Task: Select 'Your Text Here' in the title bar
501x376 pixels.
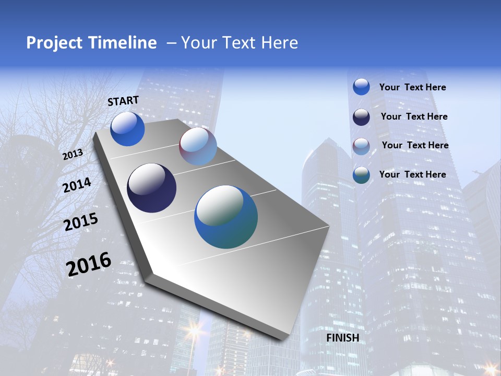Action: click(x=240, y=43)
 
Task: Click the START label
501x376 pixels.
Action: click(x=123, y=101)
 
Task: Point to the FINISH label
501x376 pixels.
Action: click(x=343, y=338)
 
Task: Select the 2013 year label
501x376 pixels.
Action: click(x=73, y=155)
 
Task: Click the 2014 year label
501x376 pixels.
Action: click(x=77, y=185)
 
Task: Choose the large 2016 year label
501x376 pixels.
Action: click(x=89, y=264)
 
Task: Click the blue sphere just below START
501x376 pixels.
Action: click(x=127, y=129)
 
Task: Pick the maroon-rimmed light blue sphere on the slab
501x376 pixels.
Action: click(x=198, y=146)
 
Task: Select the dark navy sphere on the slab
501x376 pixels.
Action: click(x=152, y=188)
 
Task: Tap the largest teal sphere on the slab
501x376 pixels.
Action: click(x=226, y=217)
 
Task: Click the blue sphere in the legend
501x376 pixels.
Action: click(x=361, y=87)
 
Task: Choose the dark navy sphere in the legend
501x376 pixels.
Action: click(x=361, y=117)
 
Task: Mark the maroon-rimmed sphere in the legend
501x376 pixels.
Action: click(x=361, y=146)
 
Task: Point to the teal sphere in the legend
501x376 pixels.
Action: click(x=361, y=175)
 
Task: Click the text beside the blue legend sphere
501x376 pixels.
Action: click(x=412, y=87)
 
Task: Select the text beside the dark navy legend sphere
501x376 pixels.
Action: click(x=414, y=116)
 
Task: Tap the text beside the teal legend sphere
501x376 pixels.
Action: click(x=412, y=174)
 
